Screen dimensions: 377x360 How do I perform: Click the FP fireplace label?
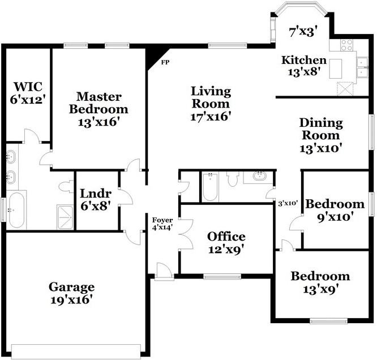[165, 62]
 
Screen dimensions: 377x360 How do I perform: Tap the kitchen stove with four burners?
[346, 45]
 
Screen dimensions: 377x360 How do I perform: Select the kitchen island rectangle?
[336, 68]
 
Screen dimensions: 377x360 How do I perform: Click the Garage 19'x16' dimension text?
[72, 300]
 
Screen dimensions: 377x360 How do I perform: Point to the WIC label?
[28, 87]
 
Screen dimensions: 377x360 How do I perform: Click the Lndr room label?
[96, 193]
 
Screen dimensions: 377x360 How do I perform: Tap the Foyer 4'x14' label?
[162, 224]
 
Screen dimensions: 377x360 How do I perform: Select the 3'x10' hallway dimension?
[288, 203]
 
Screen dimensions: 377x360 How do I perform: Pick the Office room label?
[226, 237]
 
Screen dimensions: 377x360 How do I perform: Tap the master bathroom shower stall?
[65, 217]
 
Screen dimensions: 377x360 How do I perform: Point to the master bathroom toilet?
[66, 187]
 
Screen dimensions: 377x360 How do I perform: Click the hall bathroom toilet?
[233, 179]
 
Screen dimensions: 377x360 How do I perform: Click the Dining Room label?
[321, 129]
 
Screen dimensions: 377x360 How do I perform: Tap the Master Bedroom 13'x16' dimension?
[99, 122]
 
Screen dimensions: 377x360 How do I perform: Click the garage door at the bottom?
[76, 352]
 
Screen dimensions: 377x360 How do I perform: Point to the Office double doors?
[186, 234]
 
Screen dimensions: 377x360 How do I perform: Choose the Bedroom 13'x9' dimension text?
[320, 290]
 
